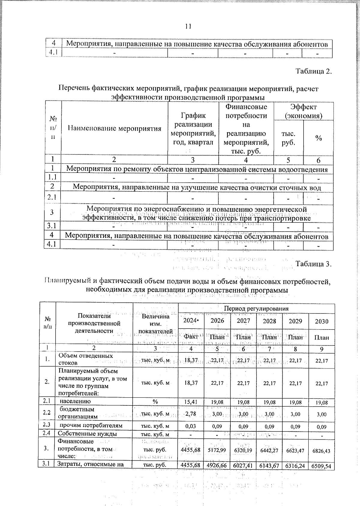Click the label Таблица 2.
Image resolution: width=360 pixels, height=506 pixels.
[314, 71]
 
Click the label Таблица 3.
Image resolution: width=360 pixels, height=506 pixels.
[314, 264]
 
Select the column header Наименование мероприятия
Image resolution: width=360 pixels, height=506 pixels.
[115, 129]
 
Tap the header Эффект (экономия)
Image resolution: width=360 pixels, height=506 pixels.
[303, 111]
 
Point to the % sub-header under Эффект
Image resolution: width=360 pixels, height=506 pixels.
[318, 138]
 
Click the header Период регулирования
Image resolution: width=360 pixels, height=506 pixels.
[256, 308]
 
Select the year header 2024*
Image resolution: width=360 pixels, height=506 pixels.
[191, 321]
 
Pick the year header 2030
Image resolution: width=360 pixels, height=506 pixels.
[322, 321]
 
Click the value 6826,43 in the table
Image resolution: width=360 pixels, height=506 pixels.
[322, 451]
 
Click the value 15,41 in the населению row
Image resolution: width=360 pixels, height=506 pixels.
[191, 402]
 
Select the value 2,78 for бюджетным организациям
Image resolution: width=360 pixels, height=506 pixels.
[191, 414]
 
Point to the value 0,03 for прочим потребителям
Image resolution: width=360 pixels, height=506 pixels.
[191, 426]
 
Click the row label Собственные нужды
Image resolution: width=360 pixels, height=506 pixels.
[87, 434]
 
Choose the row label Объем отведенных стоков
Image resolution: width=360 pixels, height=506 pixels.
[85, 359]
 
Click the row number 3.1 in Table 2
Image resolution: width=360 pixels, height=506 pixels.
[52, 226]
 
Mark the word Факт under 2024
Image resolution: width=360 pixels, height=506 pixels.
[191, 337]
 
